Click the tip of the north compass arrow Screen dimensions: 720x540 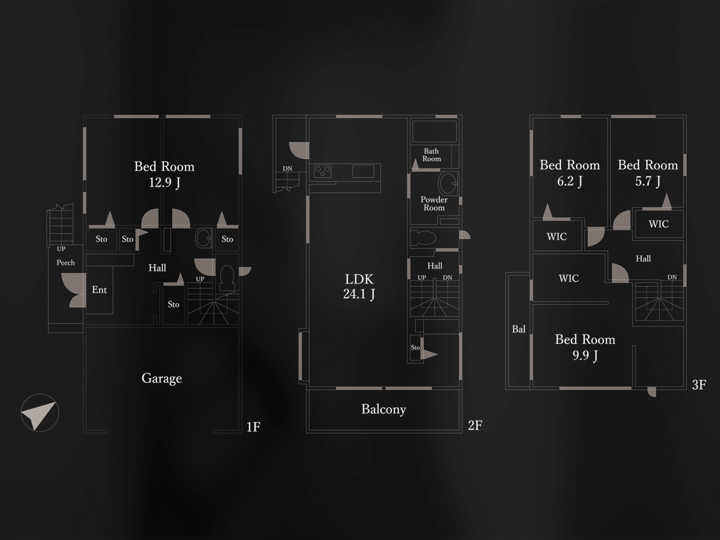click(56, 402)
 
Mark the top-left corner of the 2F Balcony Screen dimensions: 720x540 click(307, 390)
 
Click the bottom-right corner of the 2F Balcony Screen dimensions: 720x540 click(462, 433)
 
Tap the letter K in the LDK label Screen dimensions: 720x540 click(368, 279)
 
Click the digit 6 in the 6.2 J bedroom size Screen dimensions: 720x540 click(560, 180)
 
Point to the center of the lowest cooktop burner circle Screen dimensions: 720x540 click(323, 174)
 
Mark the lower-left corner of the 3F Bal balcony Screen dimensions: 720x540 click(506, 389)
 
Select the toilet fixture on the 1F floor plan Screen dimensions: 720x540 click(227, 278)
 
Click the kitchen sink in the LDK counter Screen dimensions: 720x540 click(363, 171)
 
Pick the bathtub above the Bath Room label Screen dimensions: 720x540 click(434, 131)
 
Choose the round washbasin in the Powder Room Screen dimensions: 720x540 click(447, 183)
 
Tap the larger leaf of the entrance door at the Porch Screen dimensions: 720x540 click(74, 284)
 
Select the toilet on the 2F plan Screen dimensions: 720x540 click(423, 238)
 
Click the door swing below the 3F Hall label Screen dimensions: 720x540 click(620, 273)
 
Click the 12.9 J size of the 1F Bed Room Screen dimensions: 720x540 click(165, 182)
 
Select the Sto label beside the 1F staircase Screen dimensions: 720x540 click(174, 304)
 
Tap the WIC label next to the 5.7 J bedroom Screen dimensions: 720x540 click(658, 224)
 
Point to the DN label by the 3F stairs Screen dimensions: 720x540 click(672, 277)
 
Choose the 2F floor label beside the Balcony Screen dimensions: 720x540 click(475, 425)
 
